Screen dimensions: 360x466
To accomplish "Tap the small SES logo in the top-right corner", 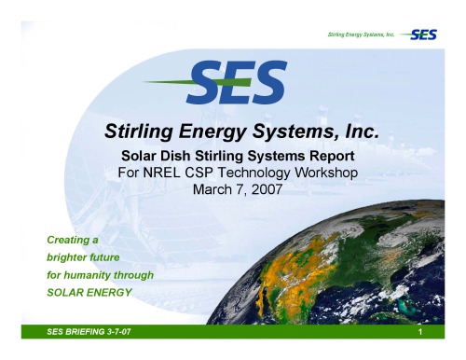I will tap(427, 35).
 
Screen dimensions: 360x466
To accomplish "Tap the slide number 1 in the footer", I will tap(421, 333).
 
